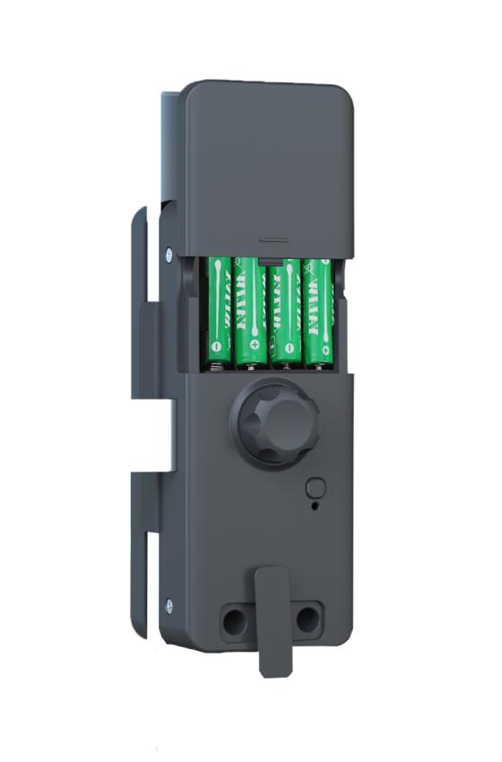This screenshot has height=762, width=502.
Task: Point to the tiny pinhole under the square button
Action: tap(314, 507)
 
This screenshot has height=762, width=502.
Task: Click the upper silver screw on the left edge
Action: tap(169, 254)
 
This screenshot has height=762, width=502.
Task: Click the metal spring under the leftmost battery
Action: tap(216, 365)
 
